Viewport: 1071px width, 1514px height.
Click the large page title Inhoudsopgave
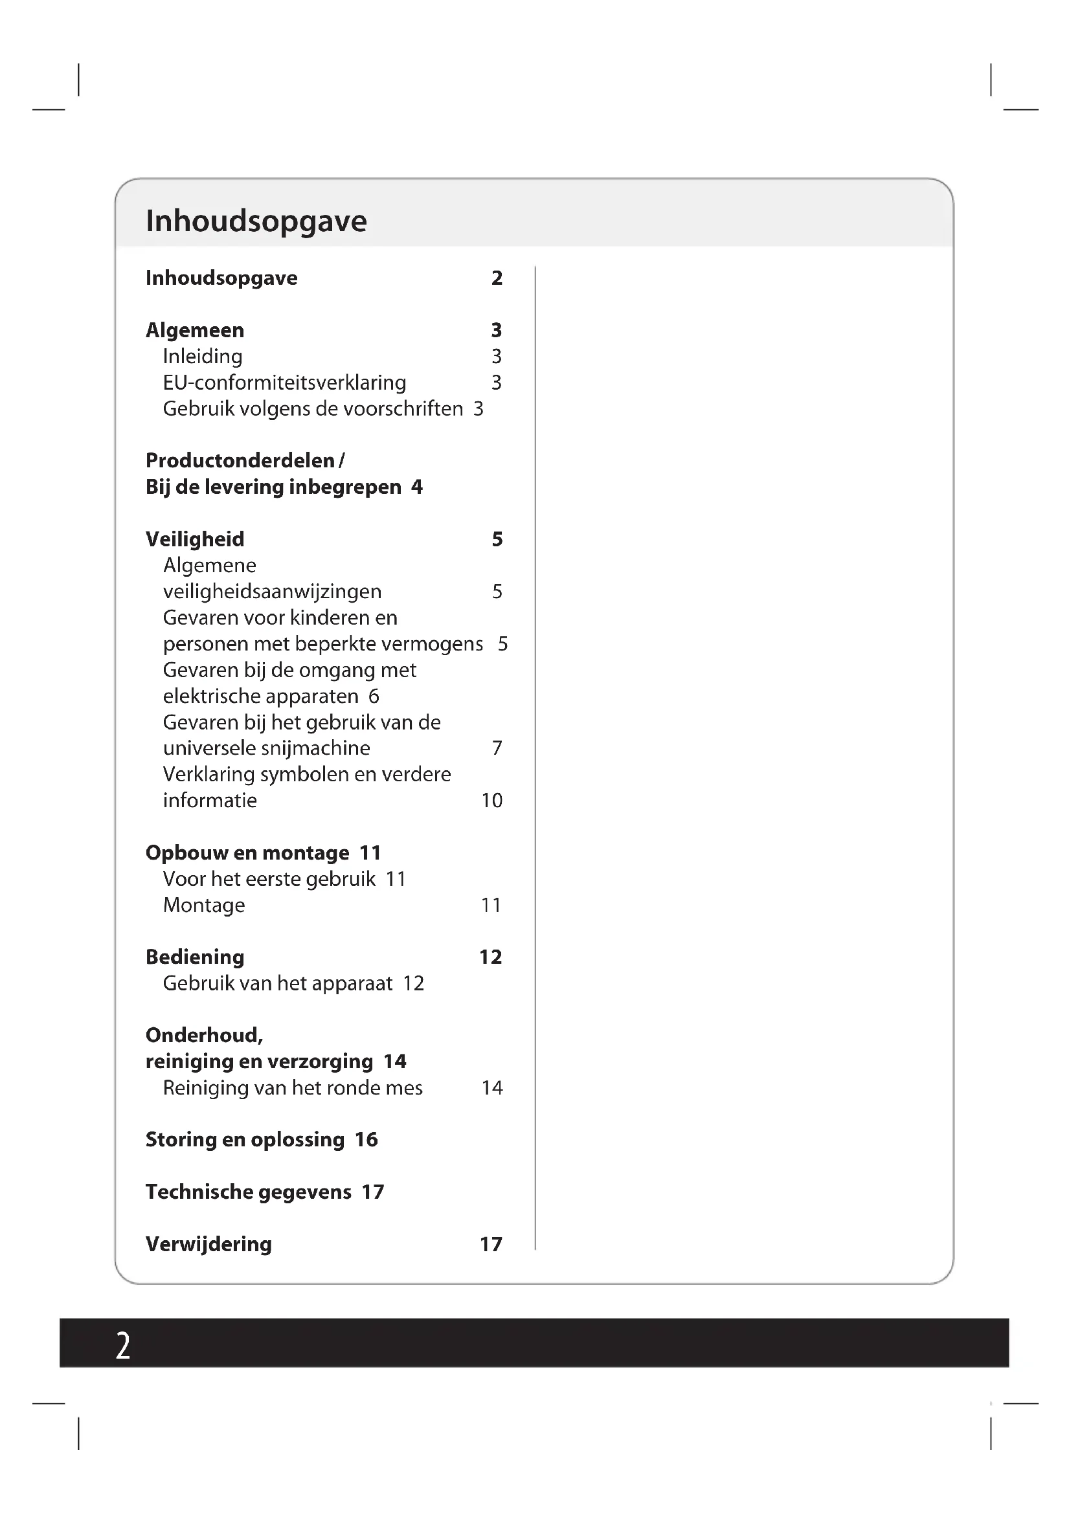(x=256, y=221)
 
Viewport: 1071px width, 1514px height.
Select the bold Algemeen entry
(x=194, y=329)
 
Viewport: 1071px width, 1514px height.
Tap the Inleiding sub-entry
(x=203, y=356)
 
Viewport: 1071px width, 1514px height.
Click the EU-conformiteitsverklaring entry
(x=284, y=383)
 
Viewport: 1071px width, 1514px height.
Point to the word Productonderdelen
(x=240, y=460)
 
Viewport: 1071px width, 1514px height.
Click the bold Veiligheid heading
(x=194, y=539)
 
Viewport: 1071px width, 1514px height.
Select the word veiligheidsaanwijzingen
(x=272, y=592)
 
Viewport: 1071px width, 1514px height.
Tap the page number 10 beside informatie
(x=491, y=801)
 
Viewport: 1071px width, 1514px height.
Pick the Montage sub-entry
(x=204, y=905)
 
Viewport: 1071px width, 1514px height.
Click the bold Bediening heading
(x=194, y=957)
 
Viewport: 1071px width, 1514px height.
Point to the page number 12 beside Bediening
(x=490, y=957)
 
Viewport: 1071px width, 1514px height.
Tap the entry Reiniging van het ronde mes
(x=292, y=1087)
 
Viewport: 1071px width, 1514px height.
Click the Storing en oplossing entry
(x=245, y=1139)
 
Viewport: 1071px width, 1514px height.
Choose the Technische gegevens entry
(x=248, y=1192)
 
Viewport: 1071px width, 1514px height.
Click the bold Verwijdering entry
(x=209, y=1244)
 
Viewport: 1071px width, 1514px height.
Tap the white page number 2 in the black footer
(x=122, y=1346)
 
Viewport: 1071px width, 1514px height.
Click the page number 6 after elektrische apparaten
(x=373, y=696)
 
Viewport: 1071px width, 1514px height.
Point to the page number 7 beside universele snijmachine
(x=497, y=748)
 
